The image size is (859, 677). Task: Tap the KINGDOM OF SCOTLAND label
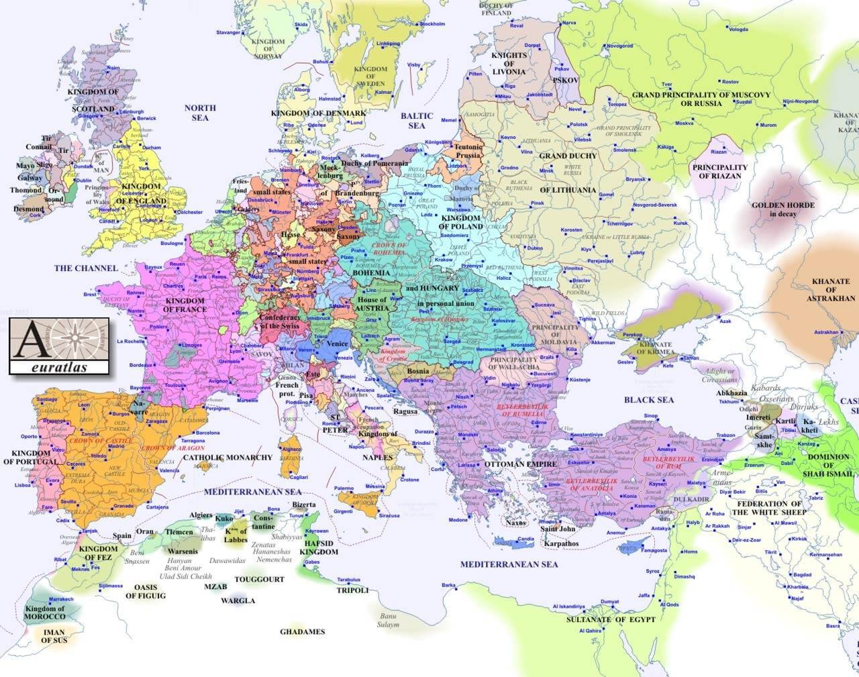click(95, 100)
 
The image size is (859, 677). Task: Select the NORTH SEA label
click(200, 113)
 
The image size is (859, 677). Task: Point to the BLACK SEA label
click(648, 400)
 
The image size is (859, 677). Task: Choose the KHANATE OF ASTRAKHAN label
click(831, 290)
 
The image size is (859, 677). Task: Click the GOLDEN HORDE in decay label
click(782, 209)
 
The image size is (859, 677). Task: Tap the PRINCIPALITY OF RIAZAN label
click(720, 172)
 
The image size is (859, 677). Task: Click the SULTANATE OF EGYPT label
click(610, 619)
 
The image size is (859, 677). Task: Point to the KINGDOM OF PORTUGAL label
click(30, 458)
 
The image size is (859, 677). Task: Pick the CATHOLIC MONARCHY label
click(228, 458)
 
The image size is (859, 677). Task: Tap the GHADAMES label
click(302, 631)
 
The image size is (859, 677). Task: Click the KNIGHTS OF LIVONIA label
click(509, 64)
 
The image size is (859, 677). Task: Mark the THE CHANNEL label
click(86, 268)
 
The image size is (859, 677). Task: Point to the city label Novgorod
click(619, 46)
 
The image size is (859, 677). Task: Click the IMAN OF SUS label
click(53, 636)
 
